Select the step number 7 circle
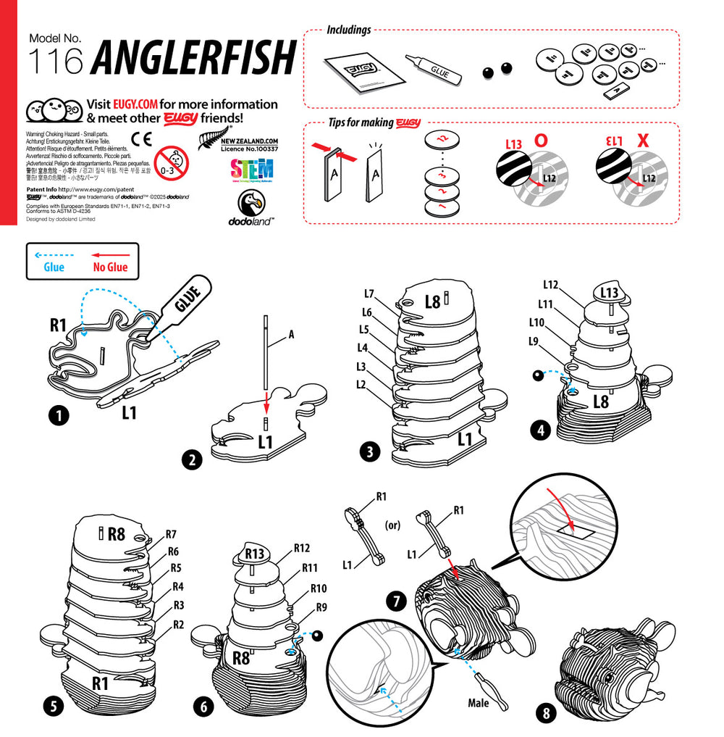pyautogui.click(x=396, y=600)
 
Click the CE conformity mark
pyautogui.click(x=141, y=138)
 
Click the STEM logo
pyautogui.click(x=251, y=169)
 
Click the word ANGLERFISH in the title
pyautogui.click(x=195, y=57)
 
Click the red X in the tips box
pyautogui.click(x=642, y=141)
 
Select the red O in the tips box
pyautogui.click(x=540, y=141)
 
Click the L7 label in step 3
pyautogui.click(x=369, y=293)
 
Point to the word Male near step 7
pyautogui.click(x=478, y=702)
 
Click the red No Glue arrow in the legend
pyautogui.click(x=110, y=255)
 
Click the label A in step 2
pyautogui.click(x=291, y=334)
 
